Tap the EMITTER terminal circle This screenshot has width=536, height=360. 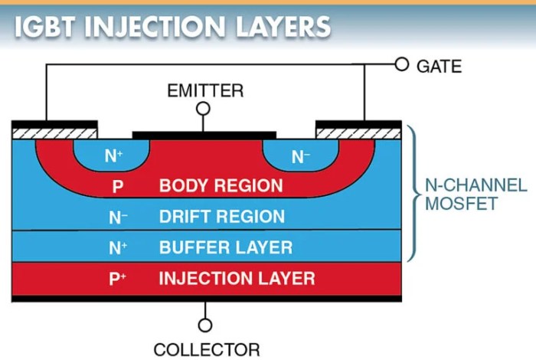[204, 108]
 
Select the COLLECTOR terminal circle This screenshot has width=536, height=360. [205, 325]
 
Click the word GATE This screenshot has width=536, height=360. [439, 66]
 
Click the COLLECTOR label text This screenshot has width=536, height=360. [206, 349]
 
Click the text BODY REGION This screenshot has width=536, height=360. [221, 185]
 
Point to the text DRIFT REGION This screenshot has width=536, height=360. [222, 217]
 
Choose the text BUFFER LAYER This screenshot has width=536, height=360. [225, 247]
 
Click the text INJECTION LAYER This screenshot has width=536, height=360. [236, 278]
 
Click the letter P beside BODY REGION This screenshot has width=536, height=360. [118, 186]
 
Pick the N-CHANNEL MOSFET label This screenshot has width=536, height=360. [476, 195]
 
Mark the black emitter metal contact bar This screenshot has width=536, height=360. [204, 134]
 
